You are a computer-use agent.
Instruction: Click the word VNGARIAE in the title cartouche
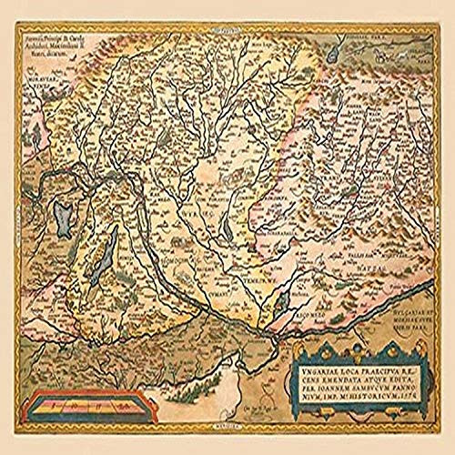312,372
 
